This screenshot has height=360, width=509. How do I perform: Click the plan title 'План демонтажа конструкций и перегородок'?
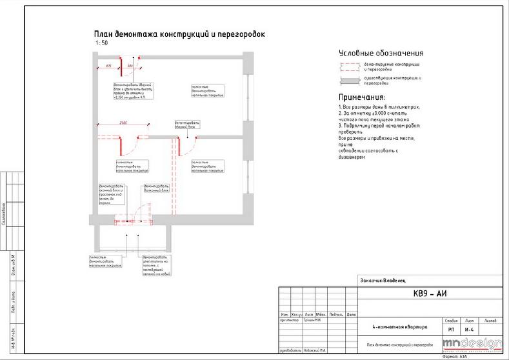pos(179,35)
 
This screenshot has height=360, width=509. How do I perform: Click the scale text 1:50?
pos(101,43)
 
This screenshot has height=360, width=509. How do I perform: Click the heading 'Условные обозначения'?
pos(381,54)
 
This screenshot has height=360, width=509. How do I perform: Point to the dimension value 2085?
pos(123,123)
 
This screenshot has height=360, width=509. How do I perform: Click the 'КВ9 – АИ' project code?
pos(430,294)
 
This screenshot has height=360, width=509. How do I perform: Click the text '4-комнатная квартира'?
pos(391,327)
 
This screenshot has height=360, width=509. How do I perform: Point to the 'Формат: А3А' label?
pos(454,356)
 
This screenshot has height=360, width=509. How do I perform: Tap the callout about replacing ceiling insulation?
pos(155,264)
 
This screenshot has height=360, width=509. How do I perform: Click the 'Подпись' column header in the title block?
pos(336,314)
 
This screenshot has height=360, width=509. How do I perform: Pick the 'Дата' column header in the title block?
pos(351,314)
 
